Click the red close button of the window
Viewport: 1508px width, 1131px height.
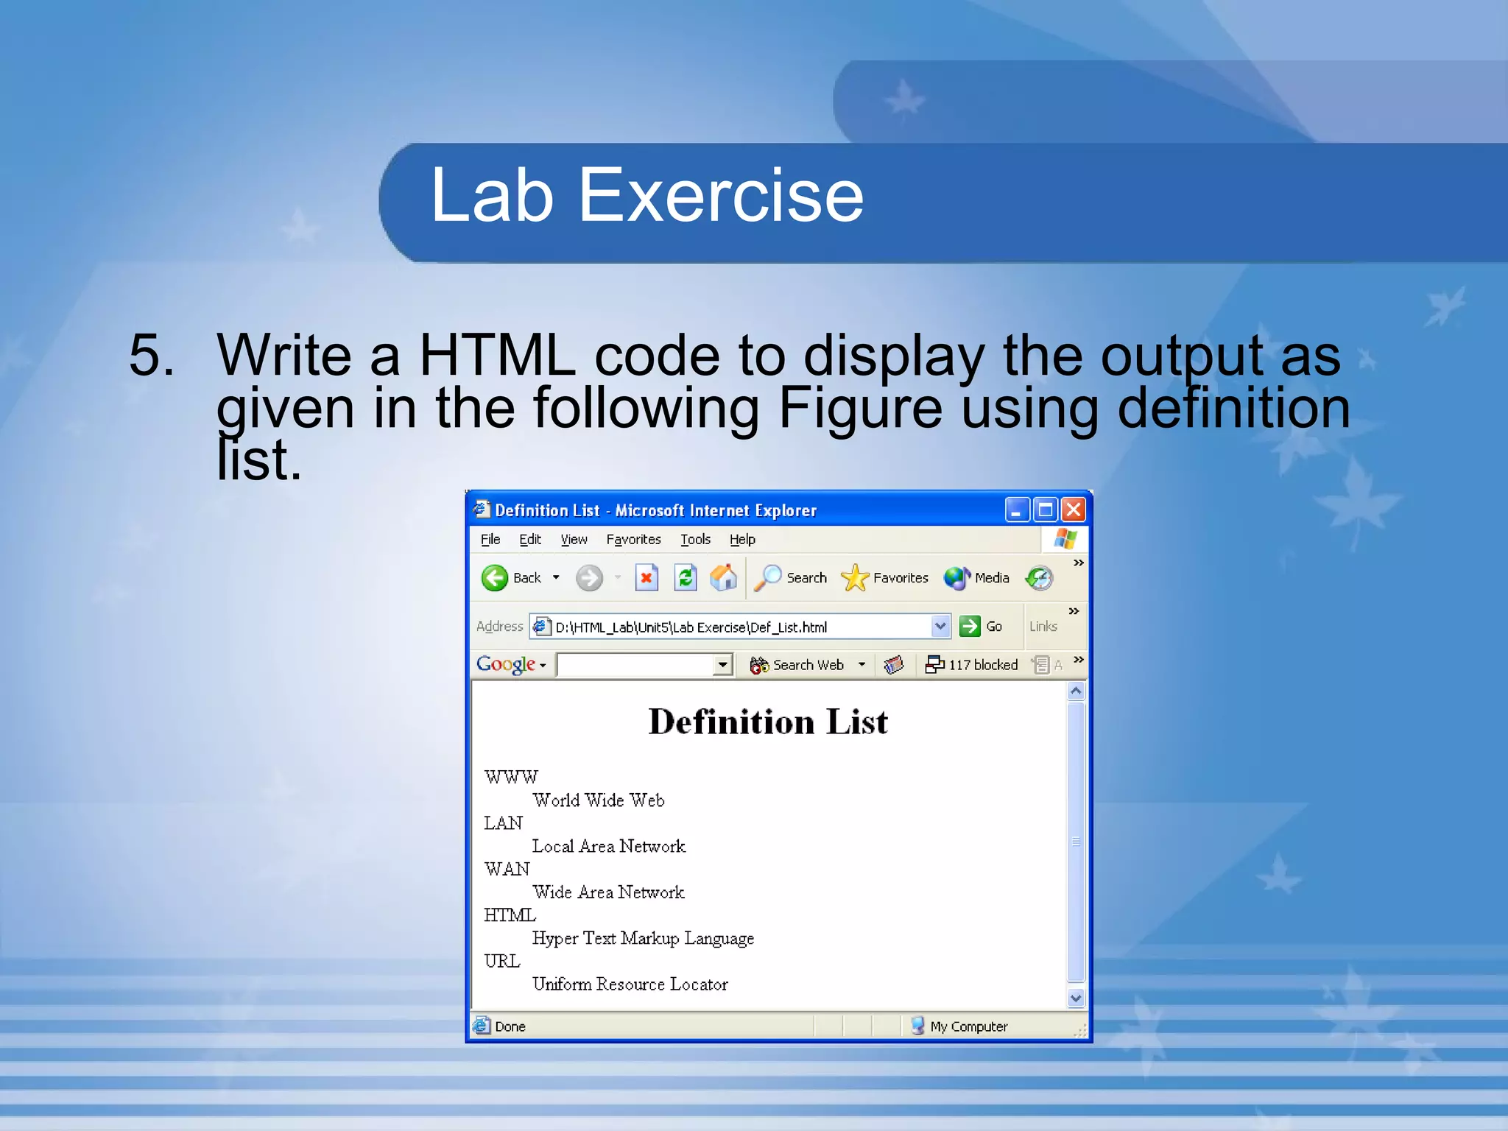pos(1074,510)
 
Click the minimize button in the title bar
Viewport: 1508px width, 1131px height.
pos(1017,510)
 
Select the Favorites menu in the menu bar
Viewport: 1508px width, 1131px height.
pos(633,540)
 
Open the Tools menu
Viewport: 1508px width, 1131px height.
pos(695,540)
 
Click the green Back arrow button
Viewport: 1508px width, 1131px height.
pos(495,578)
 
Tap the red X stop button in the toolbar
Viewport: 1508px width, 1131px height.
pos(646,578)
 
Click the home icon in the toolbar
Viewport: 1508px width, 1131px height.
pos(723,578)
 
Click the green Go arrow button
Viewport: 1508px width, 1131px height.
pos(970,627)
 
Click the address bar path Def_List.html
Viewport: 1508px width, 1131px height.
pos(691,627)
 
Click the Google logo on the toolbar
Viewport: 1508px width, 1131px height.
pos(506,664)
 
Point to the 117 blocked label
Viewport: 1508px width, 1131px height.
pos(982,665)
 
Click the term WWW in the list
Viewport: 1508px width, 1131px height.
pos(511,777)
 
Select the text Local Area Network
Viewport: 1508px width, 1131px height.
pos(608,846)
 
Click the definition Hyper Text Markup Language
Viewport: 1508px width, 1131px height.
pos(643,938)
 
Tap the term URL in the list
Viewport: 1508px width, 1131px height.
pos(502,961)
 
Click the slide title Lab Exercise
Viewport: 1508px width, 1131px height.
pos(646,195)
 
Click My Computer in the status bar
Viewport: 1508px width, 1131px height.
pos(968,1026)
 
